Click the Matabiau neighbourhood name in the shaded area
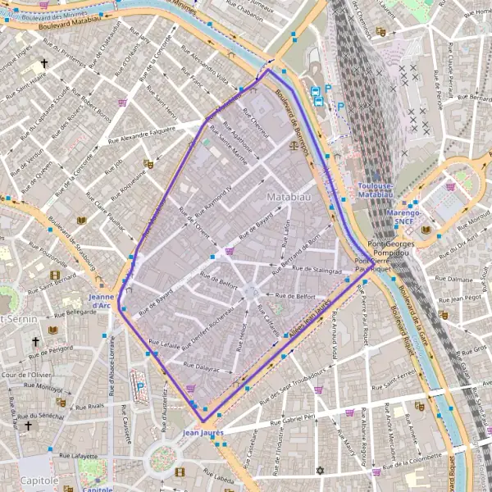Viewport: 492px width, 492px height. [286, 198]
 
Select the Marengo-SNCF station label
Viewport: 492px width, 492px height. [402, 216]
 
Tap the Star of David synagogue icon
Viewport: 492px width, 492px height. [321, 471]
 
